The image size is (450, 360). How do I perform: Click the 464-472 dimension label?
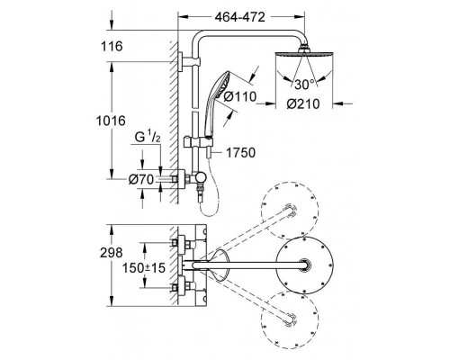pos(240,17)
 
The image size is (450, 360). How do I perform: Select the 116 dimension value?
pos(112,47)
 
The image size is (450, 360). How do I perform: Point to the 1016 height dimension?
pos(111,121)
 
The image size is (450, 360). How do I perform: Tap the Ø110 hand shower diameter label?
pos(240,97)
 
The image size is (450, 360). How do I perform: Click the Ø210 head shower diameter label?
pos(303,104)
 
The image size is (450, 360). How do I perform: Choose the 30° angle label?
pos(305,85)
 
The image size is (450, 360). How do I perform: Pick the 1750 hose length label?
pos(240,153)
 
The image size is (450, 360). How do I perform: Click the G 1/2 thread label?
pos(148,138)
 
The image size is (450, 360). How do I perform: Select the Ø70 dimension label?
pos(141,180)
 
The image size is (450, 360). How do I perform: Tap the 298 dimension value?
pos(112,253)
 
